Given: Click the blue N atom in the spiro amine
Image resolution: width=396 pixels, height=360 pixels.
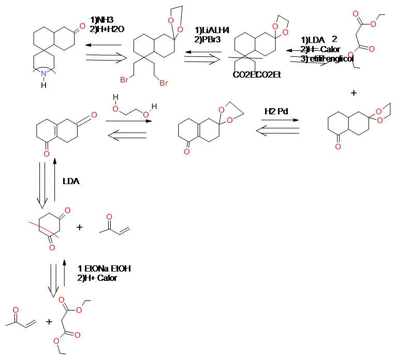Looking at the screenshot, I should (x=44, y=74).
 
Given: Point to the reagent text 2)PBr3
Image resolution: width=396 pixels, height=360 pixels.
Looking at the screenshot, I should (x=207, y=39).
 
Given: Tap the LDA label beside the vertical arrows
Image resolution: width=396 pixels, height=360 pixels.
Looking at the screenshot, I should (x=71, y=182).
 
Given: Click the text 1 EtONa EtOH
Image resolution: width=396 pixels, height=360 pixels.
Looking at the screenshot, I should (x=104, y=269).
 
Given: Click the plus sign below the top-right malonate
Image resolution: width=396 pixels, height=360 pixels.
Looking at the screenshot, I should (x=354, y=93).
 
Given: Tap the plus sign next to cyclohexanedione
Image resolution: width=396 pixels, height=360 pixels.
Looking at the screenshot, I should (x=80, y=227).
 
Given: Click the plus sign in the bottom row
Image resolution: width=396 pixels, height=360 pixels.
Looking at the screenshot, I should (x=49, y=322).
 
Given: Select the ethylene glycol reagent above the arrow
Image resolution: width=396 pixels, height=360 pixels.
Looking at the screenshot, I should (x=133, y=106).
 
